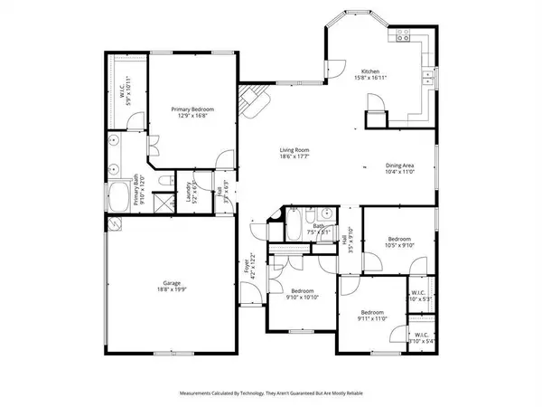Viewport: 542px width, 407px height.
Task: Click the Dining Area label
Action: [x=400, y=166]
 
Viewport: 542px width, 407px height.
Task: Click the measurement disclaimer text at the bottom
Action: [x=271, y=393]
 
